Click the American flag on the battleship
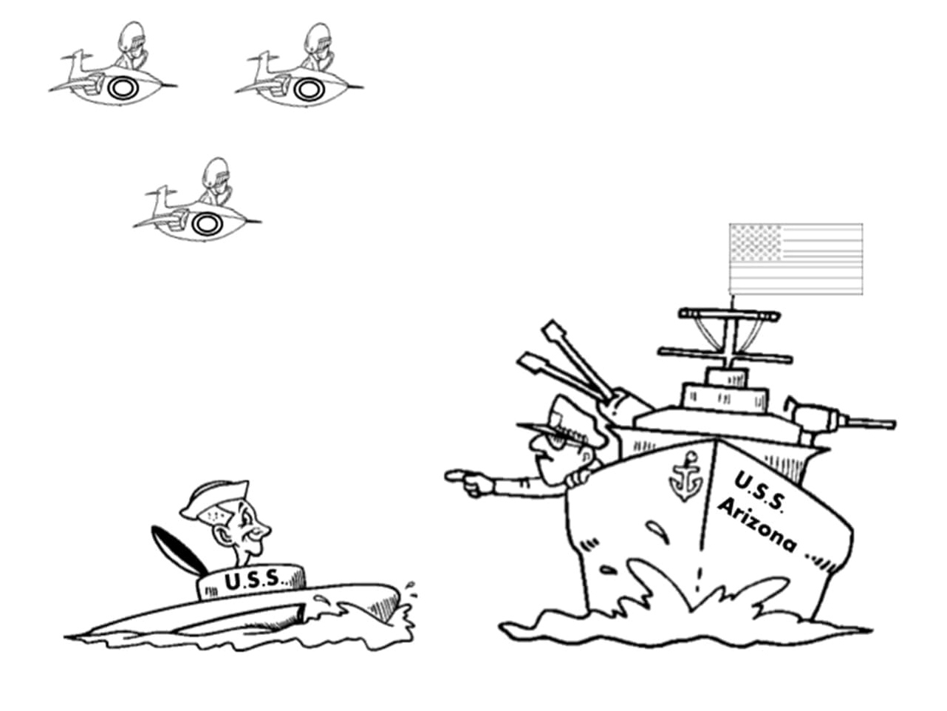pos(796,259)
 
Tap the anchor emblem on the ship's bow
pos(686,476)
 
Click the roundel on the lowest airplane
pos(207,224)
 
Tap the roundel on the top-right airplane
pos(309,89)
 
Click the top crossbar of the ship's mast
pos(728,314)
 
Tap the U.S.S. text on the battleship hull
pos(760,492)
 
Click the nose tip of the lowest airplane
pos(260,222)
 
